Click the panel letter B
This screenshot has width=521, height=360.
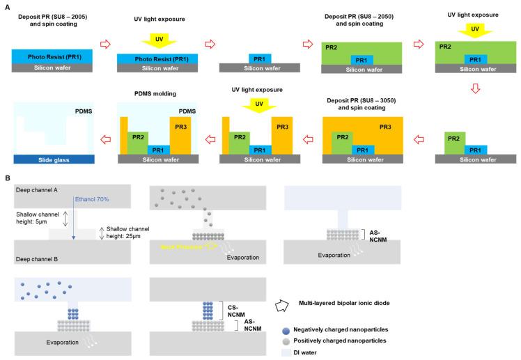coord(8,178)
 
